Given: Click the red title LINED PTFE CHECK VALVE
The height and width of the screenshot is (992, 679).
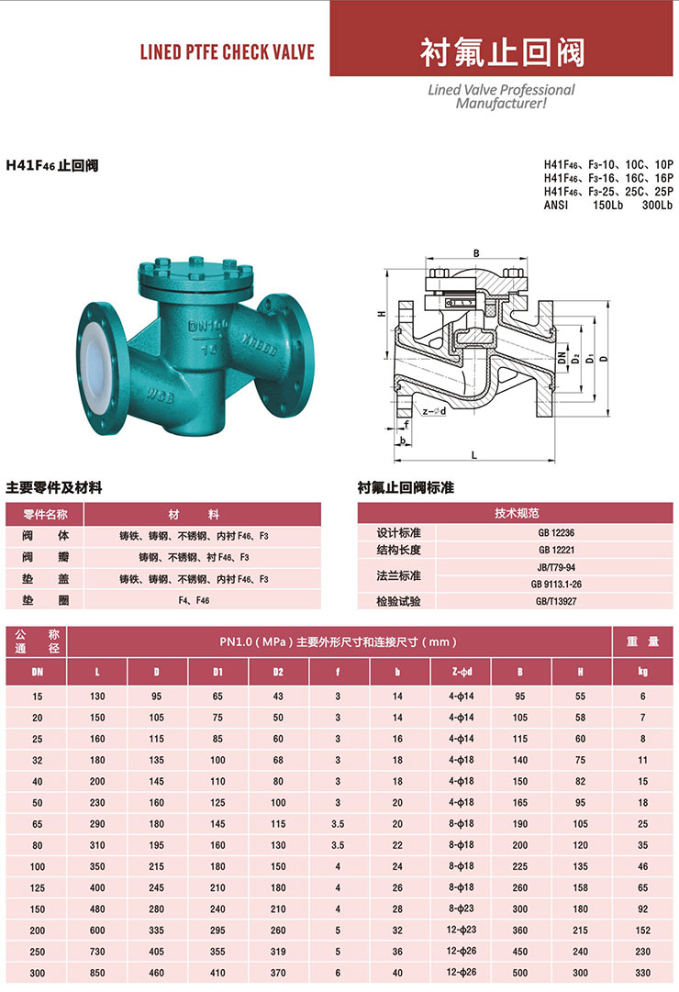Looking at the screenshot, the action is [x=228, y=52].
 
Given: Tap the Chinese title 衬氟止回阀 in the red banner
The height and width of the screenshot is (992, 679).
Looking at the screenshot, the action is [x=502, y=52].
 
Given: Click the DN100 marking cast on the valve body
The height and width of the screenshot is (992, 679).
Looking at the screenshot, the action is [x=208, y=327].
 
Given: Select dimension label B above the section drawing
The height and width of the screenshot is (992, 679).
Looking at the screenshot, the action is [x=476, y=253].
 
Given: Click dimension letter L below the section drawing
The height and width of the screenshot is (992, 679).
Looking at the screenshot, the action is [x=474, y=455].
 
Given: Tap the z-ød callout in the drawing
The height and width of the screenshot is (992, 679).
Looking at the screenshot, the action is [x=434, y=412].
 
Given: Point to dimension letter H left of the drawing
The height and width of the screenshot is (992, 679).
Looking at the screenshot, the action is [x=381, y=313].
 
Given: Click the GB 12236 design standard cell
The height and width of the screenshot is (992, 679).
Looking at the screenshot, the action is [x=556, y=532].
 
